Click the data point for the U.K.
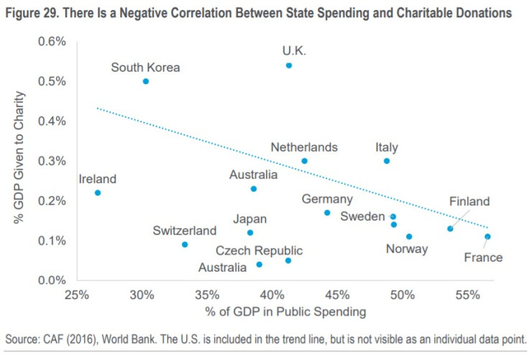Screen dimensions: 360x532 (289, 65)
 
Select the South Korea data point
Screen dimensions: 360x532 (145, 81)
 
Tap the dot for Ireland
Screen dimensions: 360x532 (98, 193)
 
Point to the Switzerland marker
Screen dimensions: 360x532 (185, 244)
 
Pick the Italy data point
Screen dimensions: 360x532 (387, 161)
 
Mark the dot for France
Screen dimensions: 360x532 (487, 236)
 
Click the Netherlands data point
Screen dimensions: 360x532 (304, 161)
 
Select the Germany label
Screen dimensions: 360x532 (327, 199)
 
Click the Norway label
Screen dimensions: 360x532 (407, 249)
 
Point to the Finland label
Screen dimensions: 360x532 (469, 201)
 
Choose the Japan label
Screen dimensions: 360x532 (249, 219)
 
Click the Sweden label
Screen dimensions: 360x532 (363, 216)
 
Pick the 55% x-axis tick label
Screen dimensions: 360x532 (468, 294)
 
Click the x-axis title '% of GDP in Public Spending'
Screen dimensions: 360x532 (286, 312)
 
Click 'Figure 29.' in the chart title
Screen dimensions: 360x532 (35, 12)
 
